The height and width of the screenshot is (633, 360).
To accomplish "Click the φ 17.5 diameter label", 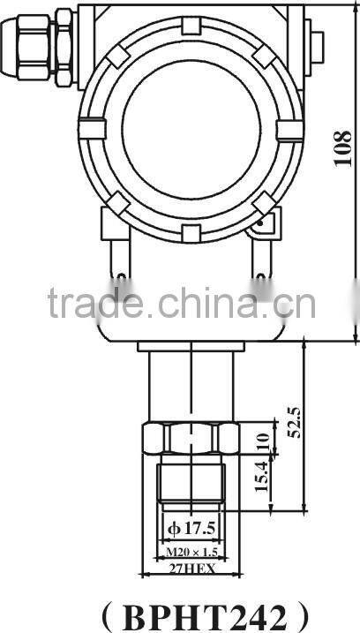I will point(191,530).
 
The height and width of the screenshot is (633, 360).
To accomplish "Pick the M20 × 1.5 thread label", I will point(191,553).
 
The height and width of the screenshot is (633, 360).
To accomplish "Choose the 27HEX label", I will point(191,569).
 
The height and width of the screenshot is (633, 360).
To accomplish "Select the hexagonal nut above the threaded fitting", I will point(191,436).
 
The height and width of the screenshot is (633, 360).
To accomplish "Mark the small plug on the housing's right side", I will point(315,44).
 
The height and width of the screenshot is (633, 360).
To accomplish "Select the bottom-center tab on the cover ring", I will point(187,232).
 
